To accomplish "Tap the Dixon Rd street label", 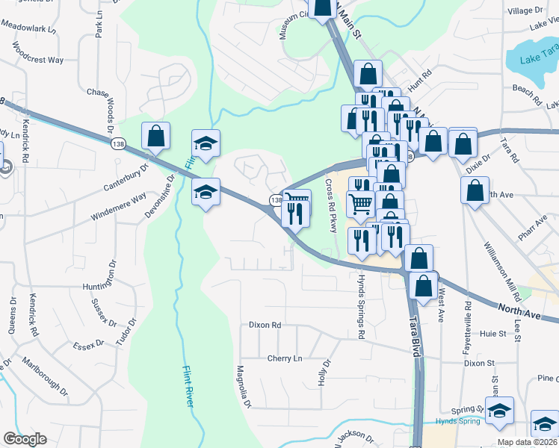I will coord(265,326).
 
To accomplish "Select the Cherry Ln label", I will coord(285,358).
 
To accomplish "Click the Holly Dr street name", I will coord(325,373).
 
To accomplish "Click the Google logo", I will coord(24,439).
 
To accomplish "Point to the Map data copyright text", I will coord(528,442).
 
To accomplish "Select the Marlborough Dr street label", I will coord(44,380).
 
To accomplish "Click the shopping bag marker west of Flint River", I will coord(155,137).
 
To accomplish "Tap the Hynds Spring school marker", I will coord(499,411).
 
